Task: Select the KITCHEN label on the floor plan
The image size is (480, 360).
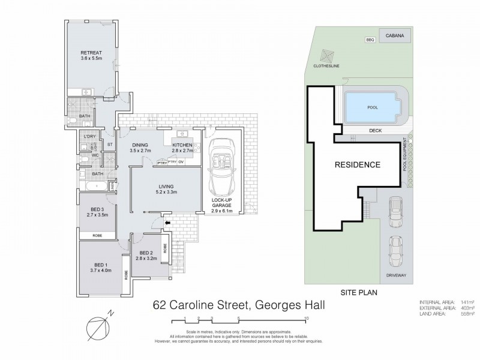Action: pos(182,146)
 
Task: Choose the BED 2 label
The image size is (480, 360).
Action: pos(147,253)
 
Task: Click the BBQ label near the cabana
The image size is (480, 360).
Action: pos(370,40)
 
